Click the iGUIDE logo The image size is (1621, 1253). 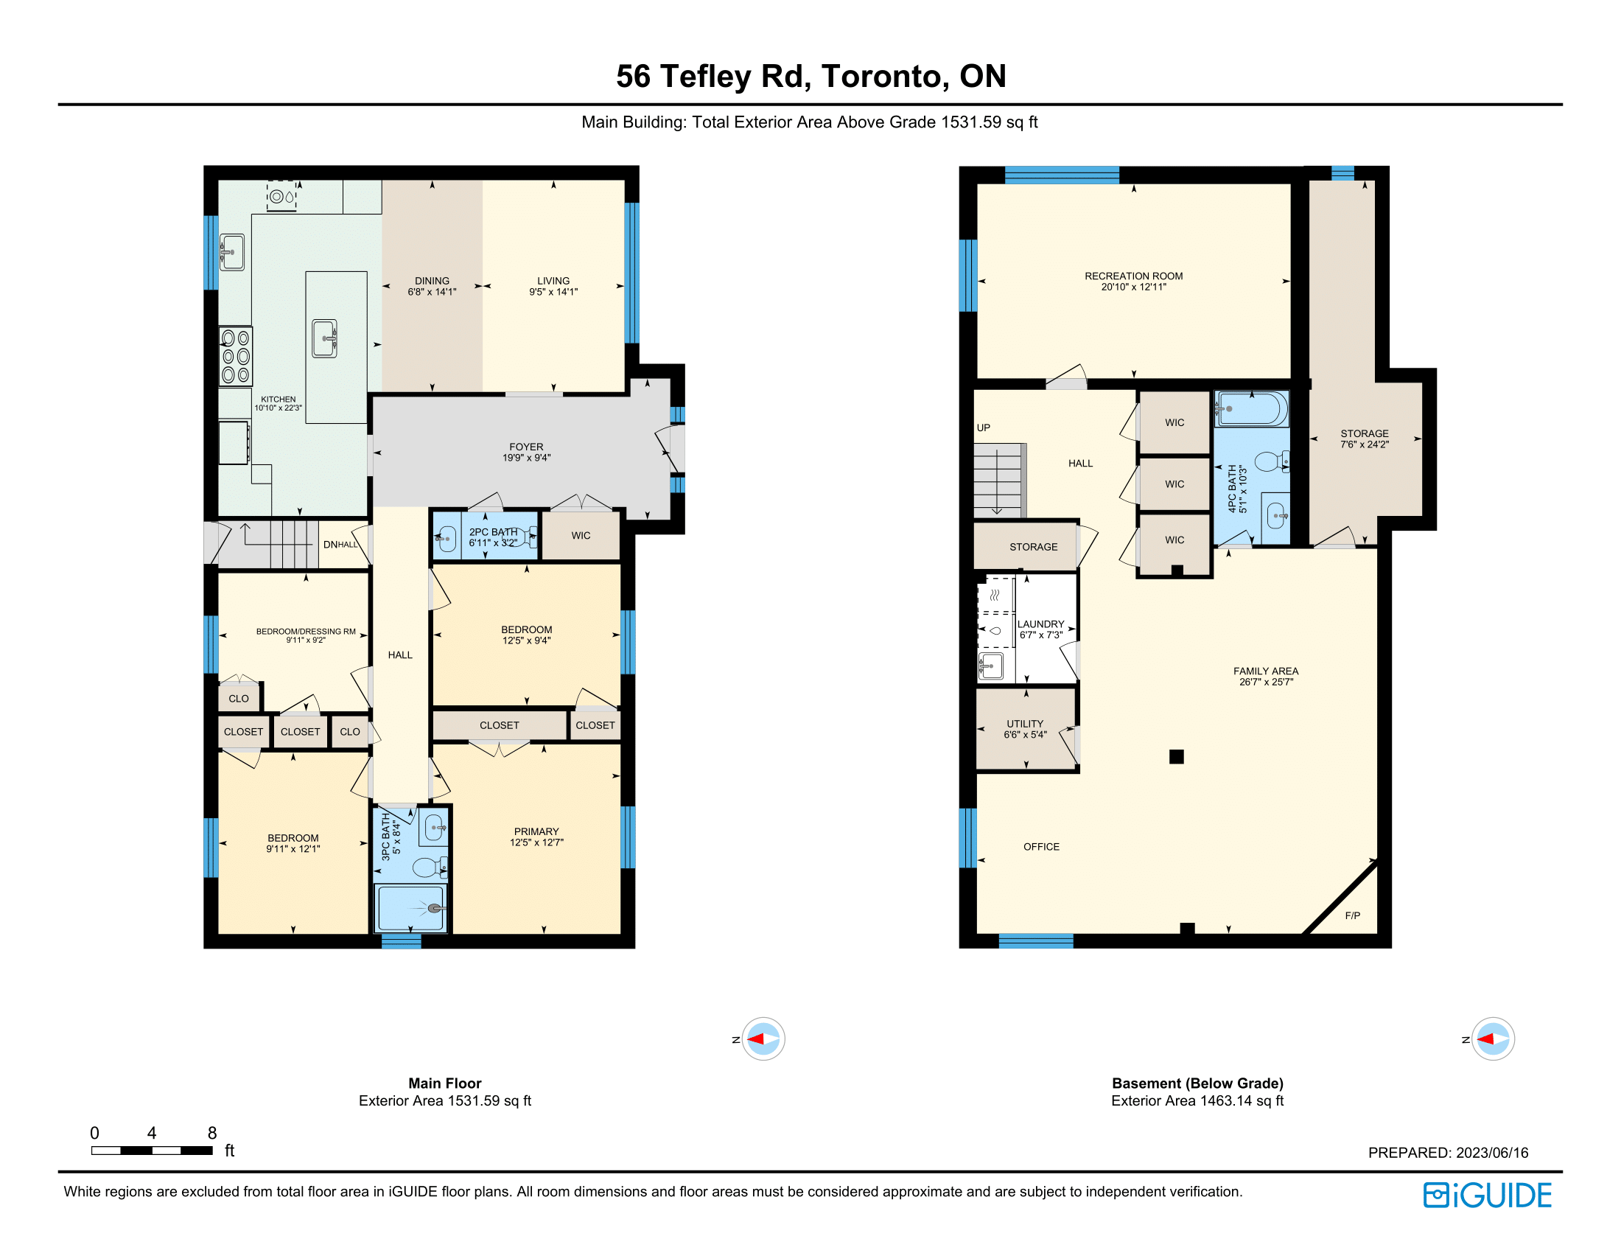[x=1487, y=1195]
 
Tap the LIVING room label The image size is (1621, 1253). [x=553, y=281]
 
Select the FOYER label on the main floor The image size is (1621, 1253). [x=526, y=447]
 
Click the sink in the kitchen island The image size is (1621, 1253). [x=324, y=338]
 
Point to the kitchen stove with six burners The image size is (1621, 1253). [x=235, y=356]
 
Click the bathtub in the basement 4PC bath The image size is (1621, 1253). [x=1251, y=408]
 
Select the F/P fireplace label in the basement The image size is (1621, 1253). [x=1352, y=915]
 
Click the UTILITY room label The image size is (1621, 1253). [x=1025, y=724]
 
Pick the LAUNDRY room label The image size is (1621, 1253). [x=1040, y=624]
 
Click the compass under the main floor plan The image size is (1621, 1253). [x=763, y=1039]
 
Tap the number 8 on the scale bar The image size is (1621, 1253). [x=212, y=1133]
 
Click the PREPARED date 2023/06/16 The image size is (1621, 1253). [x=1492, y=1153]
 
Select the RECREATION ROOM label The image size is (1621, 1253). [x=1133, y=276]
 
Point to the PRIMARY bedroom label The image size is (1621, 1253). [x=536, y=831]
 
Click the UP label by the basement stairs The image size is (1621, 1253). [x=984, y=427]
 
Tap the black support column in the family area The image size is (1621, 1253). [x=1177, y=756]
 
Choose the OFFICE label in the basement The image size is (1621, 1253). [x=1041, y=847]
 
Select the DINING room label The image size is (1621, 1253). [x=432, y=281]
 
